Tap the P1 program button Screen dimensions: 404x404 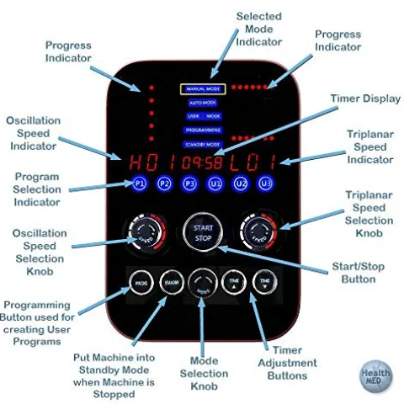coord(140,183)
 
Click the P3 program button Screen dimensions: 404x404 coord(190,183)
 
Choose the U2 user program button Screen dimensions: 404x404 coord(241,183)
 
